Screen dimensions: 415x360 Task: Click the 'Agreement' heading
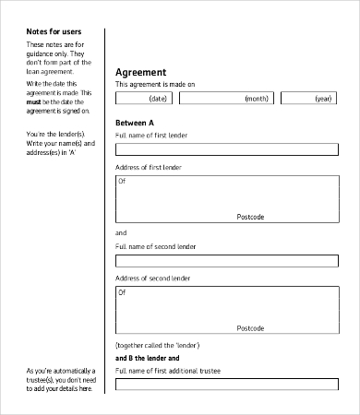[140, 72]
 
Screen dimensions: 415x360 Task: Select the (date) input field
[149, 99]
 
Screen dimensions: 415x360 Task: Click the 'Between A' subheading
[134, 123]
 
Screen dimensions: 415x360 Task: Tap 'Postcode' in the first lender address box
[250, 217]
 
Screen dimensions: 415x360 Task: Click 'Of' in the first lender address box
[122, 182]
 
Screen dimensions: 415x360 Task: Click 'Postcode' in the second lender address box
[250, 327]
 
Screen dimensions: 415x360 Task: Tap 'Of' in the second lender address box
[122, 292]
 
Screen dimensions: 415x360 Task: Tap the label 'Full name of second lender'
[155, 246]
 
